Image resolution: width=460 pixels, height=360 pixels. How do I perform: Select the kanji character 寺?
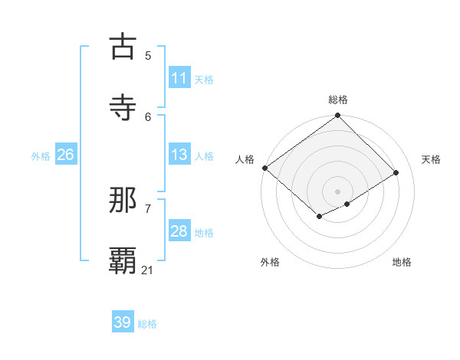(x=123, y=107)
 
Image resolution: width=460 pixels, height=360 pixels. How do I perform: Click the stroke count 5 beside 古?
(x=148, y=55)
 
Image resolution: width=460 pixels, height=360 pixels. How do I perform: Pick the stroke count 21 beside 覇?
(x=148, y=270)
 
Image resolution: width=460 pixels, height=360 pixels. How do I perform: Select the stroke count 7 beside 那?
(x=148, y=208)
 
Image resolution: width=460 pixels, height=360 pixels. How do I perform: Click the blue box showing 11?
(x=179, y=78)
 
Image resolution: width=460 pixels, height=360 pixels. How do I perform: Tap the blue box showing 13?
(x=179, y=155)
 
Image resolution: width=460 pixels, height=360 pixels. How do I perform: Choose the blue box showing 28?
(x=179, y=231)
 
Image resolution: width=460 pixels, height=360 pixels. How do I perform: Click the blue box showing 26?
(x=65, y=155)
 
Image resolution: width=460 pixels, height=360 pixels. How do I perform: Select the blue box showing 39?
(x=122, y=322)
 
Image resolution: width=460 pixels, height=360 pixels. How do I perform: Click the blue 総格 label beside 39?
(x=147, y=324)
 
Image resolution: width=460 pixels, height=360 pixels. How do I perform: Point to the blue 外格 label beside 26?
(x=41, y=156)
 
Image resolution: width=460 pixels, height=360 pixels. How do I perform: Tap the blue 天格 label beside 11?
(x=204, y=80)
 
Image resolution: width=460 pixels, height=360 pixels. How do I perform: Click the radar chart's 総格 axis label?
(x=337, y=100)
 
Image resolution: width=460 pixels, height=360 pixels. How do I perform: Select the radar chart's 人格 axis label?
(x=245, y=159)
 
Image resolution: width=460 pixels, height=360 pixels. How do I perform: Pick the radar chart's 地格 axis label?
(x=402, y=262)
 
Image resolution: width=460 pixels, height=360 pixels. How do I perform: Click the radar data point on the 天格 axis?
(x=396, y=173)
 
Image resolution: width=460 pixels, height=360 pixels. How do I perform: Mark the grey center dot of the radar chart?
(x=337, y=191)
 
